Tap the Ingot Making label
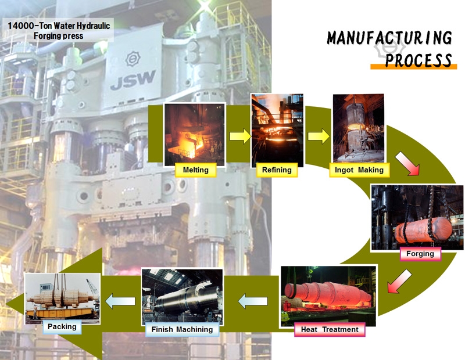(x=359, y=170)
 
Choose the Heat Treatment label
(x=330, y=330)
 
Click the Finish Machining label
(x=182, y=330)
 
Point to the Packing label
(x=62, y=326)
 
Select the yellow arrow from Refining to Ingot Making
(x=318, y=137)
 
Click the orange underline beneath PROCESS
(x=412, y=67)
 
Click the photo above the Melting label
(x=195, y=134)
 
